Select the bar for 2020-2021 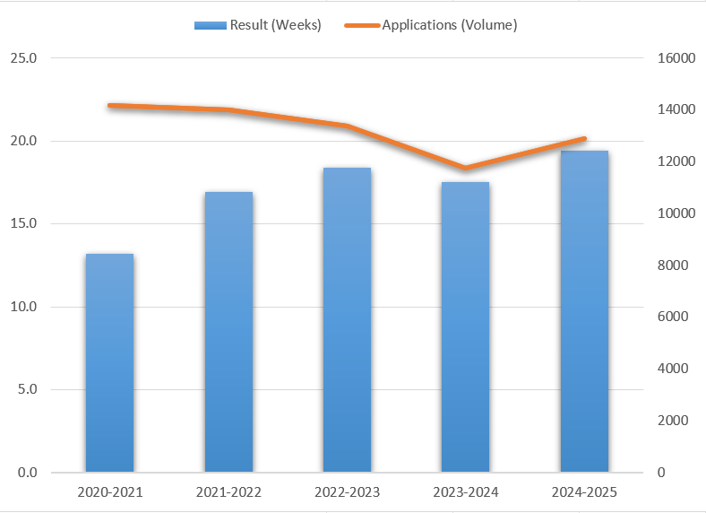(x=109, y=362)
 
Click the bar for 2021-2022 (x=228, y=332)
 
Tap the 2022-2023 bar (x=347, y=319)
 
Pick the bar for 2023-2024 (x=466, y=326)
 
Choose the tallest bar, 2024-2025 (x=584, y=311)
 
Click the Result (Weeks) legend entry (x=258, y=25)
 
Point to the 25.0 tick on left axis (x=23, y=58)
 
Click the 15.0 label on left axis (x=23, y=224)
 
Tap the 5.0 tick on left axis (x=27, y=389)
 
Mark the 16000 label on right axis (x=676, y=58)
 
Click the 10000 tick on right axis (x=676, y=213)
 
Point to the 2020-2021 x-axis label (x=109, y=492)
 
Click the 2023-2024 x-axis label (x=466, y=492)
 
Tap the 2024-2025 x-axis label (x=584, y=492)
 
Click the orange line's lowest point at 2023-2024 (x=465, y=168)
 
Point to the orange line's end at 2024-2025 (x=584, y=139)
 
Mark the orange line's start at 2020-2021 (x=109, y=106)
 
